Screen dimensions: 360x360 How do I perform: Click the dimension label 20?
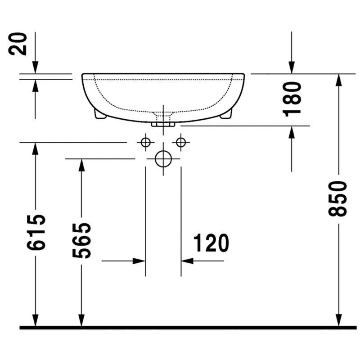click(18, 44)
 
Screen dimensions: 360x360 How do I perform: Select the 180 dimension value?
click(292, 99)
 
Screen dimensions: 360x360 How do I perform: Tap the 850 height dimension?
click(337, 199)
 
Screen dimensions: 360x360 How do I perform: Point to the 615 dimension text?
click(36, 232)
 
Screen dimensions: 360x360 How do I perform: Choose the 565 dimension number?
click(81, 241)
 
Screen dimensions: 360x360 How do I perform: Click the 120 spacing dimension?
click(211, 243)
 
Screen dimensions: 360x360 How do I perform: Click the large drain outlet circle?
click(163, 159)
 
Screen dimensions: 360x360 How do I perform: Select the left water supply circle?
click(145, 142)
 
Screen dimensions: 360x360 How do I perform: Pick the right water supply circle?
click(181, 142)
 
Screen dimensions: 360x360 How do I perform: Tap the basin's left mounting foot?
click(100, 114)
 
